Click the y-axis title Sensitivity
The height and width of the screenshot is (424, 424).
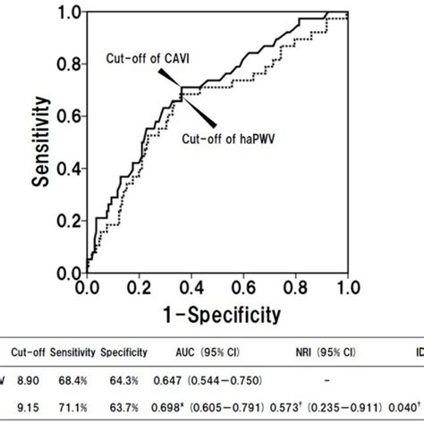40,142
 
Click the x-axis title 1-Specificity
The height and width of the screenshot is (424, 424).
217,314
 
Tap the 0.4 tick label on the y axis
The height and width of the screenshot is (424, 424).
69,168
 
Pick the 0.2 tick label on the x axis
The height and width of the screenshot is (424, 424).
139,288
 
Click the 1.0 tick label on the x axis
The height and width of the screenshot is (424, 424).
347,288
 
